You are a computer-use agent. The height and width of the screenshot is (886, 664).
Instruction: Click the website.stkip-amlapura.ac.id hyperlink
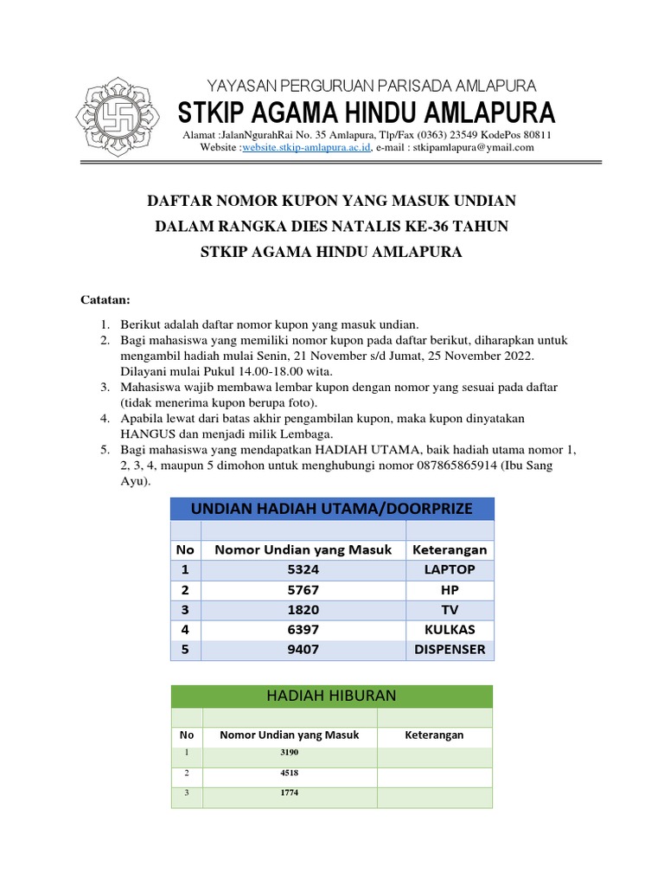pyautogui.click(x=306, y=147)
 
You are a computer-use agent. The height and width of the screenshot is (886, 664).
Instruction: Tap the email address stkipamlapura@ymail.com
pyautogui.click(x=474, y=147)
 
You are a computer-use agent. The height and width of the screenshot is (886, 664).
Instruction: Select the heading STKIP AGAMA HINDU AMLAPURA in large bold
pyautogui.click(x=367, y=112)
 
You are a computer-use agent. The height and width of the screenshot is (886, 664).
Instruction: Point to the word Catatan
pyautogui.click(x=105, y=300)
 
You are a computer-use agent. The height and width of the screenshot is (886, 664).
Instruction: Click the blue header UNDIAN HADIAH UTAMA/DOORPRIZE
pyautogui.click(x=332, y=509)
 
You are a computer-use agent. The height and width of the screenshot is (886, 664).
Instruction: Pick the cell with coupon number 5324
pyautogui.click(x=303, y=569)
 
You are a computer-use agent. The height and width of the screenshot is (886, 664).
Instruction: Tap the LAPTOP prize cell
pyautogui.click(x=450, y=569)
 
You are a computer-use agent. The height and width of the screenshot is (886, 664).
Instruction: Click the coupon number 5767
pyautogui.click(x=303, y=589)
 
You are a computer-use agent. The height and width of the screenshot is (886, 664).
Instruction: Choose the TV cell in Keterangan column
pyautogui.click(x=450, y=609)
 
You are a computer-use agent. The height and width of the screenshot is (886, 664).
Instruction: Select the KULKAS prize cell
pyautogui.click(x=450, y=629)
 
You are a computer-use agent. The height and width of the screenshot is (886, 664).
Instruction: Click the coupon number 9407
pyautogui.click(x=303, y=649)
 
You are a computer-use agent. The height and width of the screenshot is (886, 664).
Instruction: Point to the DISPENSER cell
pyautogui.click(x=450, y=649)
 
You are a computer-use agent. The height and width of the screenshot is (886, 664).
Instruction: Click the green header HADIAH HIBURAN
pyautogui.click(x=332, y=696)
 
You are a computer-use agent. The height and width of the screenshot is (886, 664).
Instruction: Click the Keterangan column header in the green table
pyautogui.click(x=434, y=735)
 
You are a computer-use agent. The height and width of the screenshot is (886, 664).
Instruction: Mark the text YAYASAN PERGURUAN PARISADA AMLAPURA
pyautogui.click(x=371, y=85)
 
